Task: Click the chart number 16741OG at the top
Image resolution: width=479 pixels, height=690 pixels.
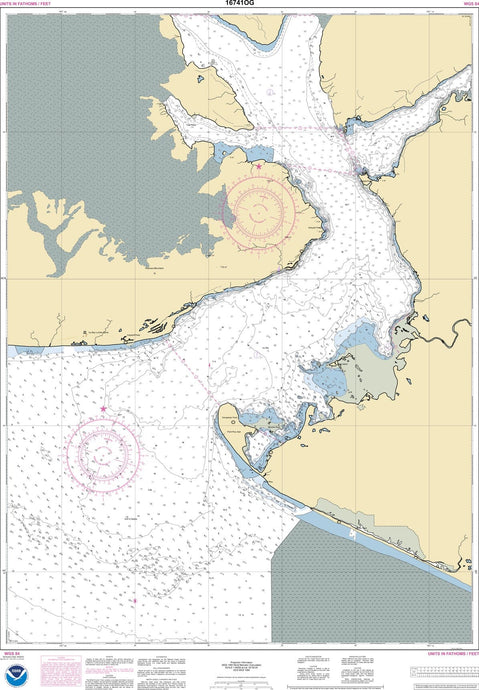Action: tap(240, 6)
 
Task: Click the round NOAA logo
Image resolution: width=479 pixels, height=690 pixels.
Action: tap(16, 671)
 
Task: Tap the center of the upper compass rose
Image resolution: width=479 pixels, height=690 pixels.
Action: tap(258, 208)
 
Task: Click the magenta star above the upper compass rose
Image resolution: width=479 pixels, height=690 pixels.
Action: tap(258, 166)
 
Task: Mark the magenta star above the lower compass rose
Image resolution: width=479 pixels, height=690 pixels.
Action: tap(104, 409)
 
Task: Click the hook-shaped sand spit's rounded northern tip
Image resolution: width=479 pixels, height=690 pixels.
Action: tap(226, 411)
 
